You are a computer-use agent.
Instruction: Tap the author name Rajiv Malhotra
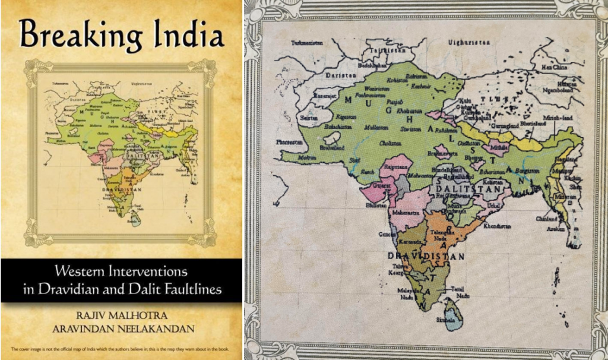[x=121, y=312]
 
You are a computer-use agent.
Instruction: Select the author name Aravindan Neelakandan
[x=121, y=328]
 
